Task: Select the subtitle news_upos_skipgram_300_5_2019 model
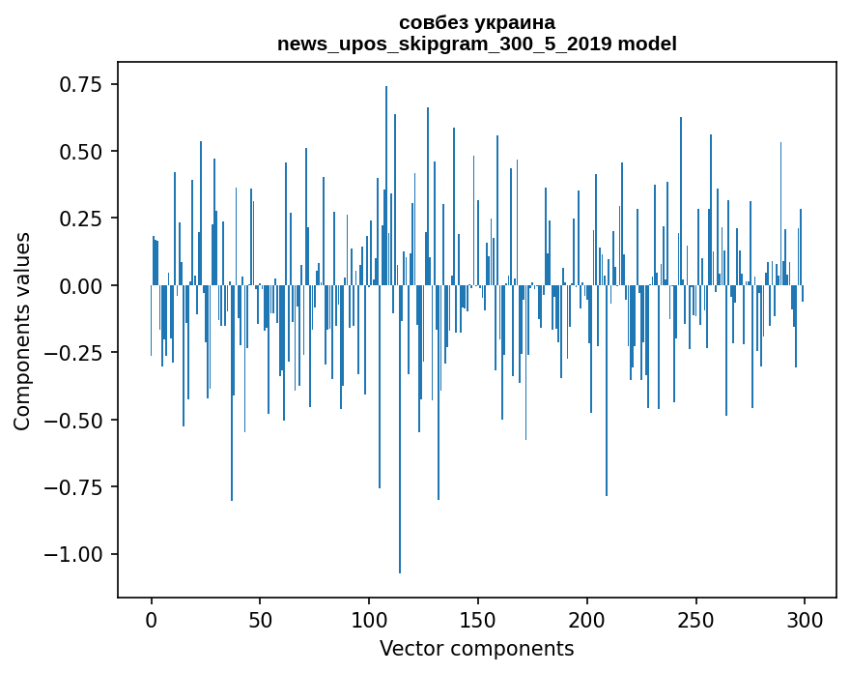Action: [x=476, y=44]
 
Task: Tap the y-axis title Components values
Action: [x=22, y=331]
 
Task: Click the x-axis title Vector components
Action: [x=476, y=648]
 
